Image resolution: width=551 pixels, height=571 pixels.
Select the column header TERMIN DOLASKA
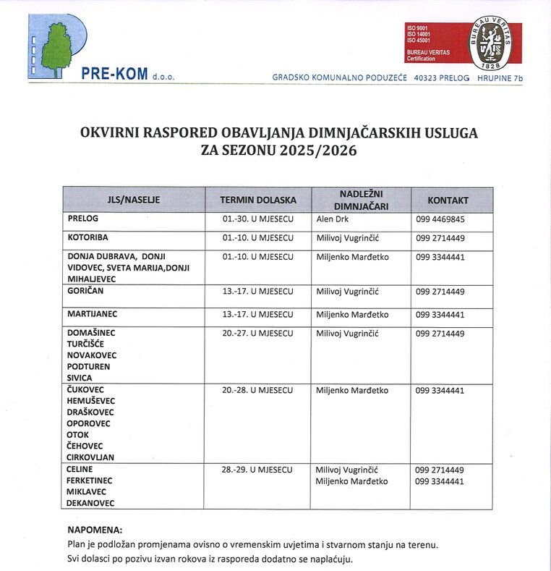pyautogui.click(x=258, y=200)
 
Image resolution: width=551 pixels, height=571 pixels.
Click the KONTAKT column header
pyautogui.click(x=448, y=200)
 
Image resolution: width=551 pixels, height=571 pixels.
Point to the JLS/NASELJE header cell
pyautogui.click(x=134, y=200)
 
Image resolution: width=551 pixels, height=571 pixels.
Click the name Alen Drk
pyautogui.click(x=333, y=219)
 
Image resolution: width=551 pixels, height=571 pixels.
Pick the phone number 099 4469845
pyautogui.click(x=440, y=219)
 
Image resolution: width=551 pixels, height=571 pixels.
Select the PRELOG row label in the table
pyautogui.click(x=82, y=219)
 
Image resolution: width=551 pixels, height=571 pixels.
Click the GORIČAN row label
pyautogui.click(x=87, y=292)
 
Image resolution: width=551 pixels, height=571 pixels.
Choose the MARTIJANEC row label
pyautogui.click(x=92, y=315)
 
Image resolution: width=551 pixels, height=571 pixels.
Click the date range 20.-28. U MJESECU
pyautogui.click(x=258, y=391)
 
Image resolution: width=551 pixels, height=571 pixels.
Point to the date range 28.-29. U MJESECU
pyautogui.click(x=258, y=470)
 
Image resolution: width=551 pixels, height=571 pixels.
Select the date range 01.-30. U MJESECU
pyautogui.click(x=258, y=219)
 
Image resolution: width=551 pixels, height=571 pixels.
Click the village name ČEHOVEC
pyautogui.click(x=86, y=446)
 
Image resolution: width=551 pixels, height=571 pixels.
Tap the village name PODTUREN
pyautogui.click(x=89, y=367)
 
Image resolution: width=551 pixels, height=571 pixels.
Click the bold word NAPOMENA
pyautogui.click(x=95, y=530)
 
